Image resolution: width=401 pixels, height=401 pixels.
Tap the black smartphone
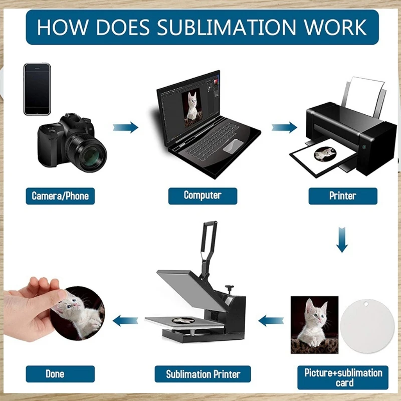tap(37, 89)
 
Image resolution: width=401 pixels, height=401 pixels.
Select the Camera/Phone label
tap(60, 195)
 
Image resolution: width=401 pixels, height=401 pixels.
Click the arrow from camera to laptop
tap(125, 127)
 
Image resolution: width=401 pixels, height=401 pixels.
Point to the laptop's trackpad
tap(231, 147)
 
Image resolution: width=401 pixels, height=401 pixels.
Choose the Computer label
tap(203, 195)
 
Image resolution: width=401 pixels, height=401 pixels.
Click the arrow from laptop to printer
tap(284, 127)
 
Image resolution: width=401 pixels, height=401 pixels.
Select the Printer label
tap(342, 195)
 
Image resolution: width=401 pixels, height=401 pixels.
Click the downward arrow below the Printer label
tap(342, 239)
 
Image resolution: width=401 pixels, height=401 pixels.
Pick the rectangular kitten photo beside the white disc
tap(314, 324)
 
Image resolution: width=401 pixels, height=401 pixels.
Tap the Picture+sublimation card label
tap(343, 377)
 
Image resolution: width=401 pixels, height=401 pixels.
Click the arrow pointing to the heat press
tap(271, 319)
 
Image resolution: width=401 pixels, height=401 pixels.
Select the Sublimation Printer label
tap(203, 374)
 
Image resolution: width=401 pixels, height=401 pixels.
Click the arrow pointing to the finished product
tap(125, 319)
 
